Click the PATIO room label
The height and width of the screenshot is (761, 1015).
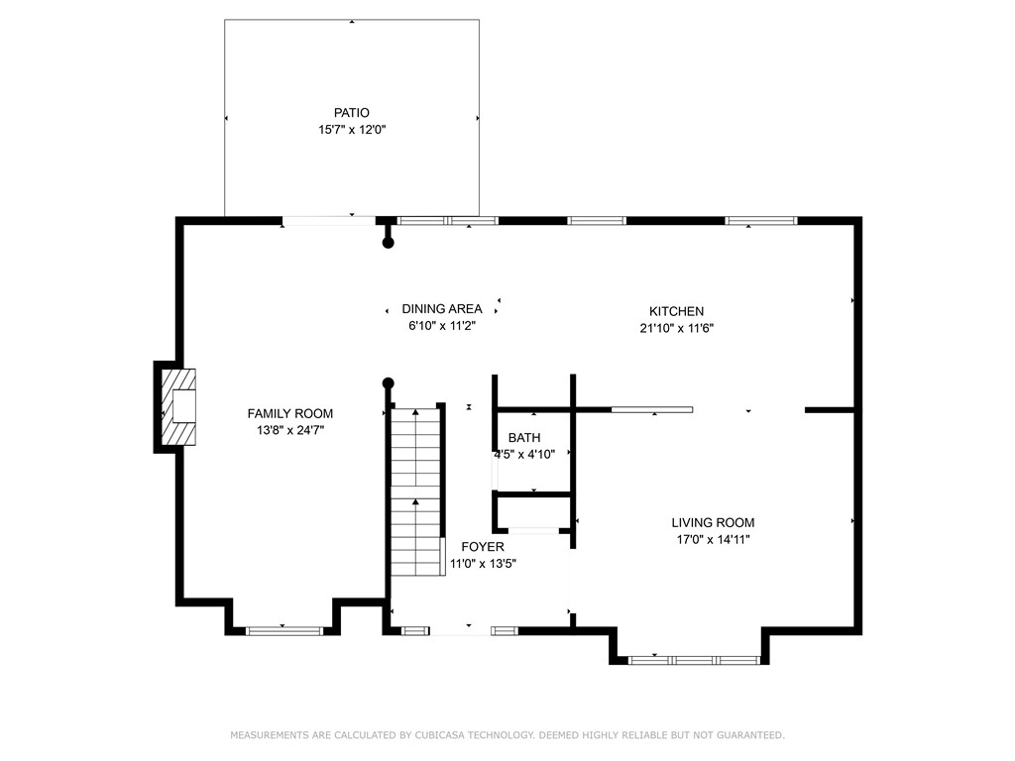pos(352,113)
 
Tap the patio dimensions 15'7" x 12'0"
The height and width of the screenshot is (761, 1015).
pos(352,130)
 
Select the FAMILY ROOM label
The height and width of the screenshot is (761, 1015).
pos(290,413)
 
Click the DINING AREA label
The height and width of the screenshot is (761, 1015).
pos(442,309)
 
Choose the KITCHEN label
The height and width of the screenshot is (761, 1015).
pos(676,311)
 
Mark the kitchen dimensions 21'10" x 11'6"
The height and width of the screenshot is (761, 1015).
pos(676,328)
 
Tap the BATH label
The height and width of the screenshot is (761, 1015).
pos(524,437)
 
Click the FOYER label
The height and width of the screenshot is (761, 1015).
pos(483,547)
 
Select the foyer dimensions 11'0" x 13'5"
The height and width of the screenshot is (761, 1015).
pos(483,564)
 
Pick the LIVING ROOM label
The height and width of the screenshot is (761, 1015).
pos(713,523)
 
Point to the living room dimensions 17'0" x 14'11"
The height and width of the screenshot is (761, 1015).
pos(713,540)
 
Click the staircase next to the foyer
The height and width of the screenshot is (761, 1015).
pos(416,491)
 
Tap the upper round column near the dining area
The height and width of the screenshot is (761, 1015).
pos(389,243)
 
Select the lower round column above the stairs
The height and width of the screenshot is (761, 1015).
pos(389,383)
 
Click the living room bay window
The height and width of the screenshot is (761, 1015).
pos(694,660)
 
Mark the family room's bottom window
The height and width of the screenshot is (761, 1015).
pos(284,631)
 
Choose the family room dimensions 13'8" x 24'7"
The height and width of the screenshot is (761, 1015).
pos(290,430)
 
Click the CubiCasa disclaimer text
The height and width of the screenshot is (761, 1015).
pos(507,735)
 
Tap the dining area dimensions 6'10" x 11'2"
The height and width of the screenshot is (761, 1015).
pos(442,325)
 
